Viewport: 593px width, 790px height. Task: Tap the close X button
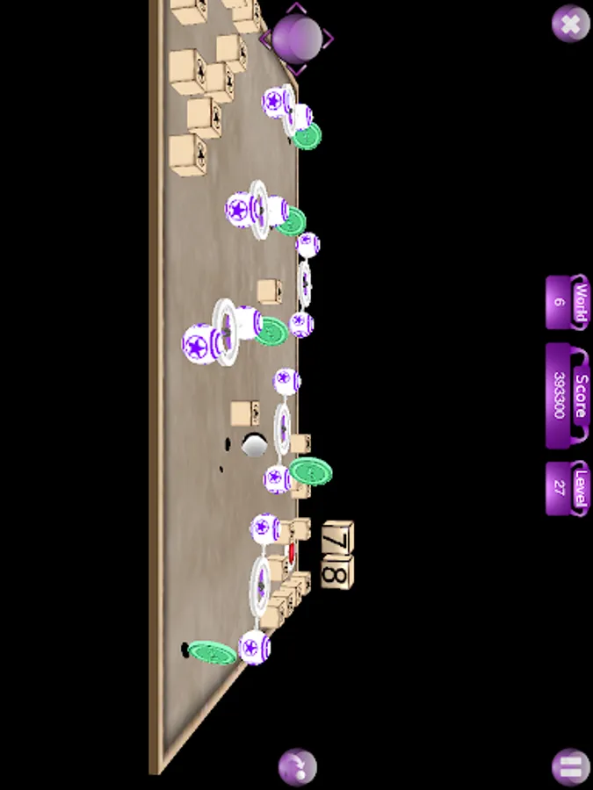tap(570, 24)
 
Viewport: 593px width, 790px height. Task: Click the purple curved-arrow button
tap(298, 767)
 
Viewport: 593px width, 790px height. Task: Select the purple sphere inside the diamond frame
tap(297, 39)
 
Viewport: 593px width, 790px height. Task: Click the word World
tap(581, 302)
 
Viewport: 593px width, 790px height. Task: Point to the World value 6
tap(558, 302)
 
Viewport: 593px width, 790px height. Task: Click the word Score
tap(582, 395)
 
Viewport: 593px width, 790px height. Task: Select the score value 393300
tap(559, 395)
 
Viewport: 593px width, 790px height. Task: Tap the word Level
tap(582, 488)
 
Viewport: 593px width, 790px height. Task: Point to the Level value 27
tap(558, 488)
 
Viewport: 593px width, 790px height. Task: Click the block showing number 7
tap(338, 537)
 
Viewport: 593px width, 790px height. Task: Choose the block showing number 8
tap(338, 572)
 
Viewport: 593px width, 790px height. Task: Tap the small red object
tap(291, 552)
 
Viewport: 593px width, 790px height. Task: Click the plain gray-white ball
tap(254, 445)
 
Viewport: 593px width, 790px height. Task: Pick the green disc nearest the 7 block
tap(311, 471)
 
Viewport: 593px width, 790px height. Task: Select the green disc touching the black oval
tap(213, 653)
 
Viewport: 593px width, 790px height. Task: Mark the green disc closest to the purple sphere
tap(307, 136)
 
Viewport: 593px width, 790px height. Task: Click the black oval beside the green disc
tap(184, 649)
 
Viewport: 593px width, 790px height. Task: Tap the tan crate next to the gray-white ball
tap(245, 413)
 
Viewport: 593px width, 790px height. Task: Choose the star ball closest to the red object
tap(264, 528)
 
